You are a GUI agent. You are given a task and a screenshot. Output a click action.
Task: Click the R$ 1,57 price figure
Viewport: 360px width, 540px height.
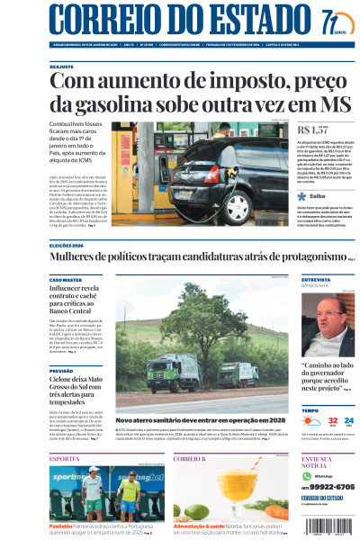point(311,131)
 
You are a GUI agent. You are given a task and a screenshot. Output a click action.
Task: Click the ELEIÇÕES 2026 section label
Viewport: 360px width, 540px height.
point(71,245)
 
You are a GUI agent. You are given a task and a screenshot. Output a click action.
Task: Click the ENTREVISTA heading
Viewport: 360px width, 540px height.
point(317,280)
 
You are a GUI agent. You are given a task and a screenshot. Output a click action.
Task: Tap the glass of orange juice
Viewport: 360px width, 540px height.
point(238,490)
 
